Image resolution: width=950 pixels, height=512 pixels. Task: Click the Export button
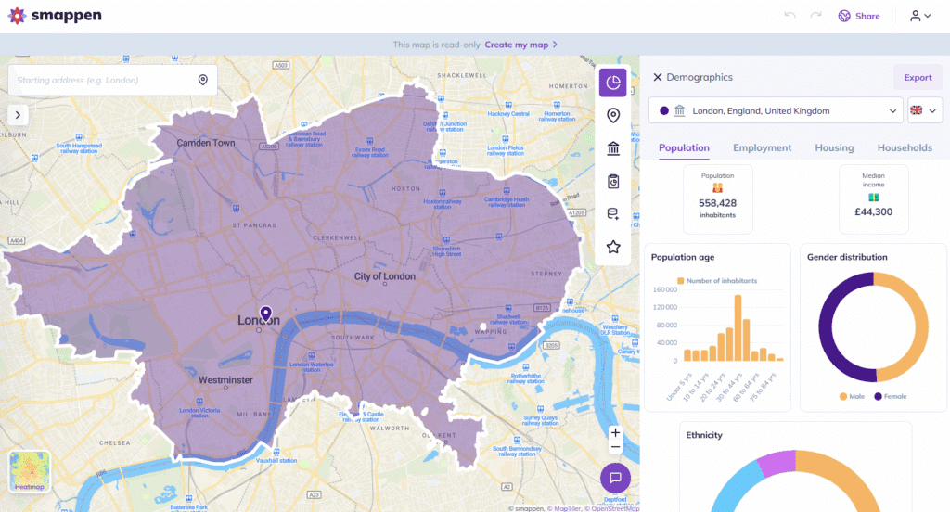pyautogui.click(x=918, y=78)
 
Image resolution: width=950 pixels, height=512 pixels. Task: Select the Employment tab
pyautogui.click(x=762, y=147)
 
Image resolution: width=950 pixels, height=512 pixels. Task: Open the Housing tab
pyautogui.click(x=834, y=147)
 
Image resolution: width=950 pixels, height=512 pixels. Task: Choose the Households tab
pyautogui.click(x=905, y=147)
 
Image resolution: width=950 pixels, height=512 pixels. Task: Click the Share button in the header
pyautogui.click(x=859, y=16)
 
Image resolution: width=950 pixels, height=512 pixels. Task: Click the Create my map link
pyautogui.click(x=521, y=45)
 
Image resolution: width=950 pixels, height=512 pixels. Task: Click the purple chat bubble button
pyautogui.click(x=615, y=478)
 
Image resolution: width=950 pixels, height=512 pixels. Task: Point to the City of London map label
pyautogui.click(x=385, y=276)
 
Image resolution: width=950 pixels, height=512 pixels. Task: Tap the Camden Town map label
pyautogui.click(x=206, y=144)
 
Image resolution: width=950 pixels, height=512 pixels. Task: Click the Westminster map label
pyautogui.click(x=225, y=380)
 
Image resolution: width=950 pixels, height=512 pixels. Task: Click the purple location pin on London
pyautogui.click(x=265, y=314)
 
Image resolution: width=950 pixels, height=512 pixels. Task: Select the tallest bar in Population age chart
pyautogui.click(x=738, y=327)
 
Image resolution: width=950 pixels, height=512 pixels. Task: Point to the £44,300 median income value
pyautogui.click(x=872, y=211)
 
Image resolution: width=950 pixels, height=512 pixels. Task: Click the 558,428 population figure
pyautogui.click(x=718, y=203)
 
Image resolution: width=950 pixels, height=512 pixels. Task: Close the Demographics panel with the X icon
pyautogui.click(x=658, y=78)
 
